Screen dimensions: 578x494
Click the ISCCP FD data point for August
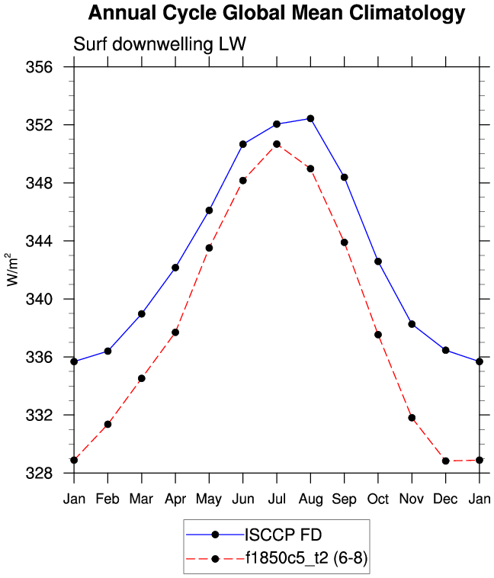point(310,118)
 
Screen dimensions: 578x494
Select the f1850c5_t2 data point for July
point(277,144)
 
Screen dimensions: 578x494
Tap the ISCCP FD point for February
point(107,351)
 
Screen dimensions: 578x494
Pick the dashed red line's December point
point(445,461)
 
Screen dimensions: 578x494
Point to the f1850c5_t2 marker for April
point(175,332)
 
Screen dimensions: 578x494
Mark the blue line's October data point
point(377,262)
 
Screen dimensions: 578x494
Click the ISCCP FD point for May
point(209,210)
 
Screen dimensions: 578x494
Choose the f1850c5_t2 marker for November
point(412,418)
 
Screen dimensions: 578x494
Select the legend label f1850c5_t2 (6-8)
point(307,559)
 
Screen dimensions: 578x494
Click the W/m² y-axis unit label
point(13,269)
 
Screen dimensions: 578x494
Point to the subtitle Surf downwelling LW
point(159,44)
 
